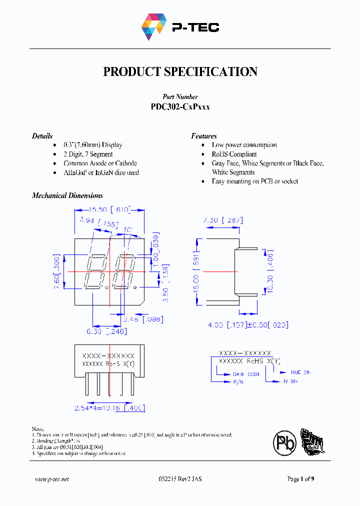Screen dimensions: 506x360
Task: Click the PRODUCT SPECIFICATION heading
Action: click(x=180, y=71)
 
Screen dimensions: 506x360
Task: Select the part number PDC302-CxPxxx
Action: click(x=180, y=106)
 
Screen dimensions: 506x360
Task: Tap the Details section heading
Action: click(x=42, y=136)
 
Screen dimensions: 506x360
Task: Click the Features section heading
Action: click(x=204, y=136)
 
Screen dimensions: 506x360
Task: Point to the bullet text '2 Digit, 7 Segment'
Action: click(x=88, y=154)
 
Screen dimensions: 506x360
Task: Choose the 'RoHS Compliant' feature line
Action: click(x=234, y=154)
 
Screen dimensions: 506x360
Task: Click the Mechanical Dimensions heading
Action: click(x=67, y=195)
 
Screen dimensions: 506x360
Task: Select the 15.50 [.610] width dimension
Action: click(x=109, y=209)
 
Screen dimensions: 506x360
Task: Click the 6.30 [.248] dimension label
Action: click(x=106, y=331)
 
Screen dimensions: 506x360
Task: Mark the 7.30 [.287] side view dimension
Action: click(x=222, y=220)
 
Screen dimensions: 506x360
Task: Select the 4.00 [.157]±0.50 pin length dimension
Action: click(x=248, y=324)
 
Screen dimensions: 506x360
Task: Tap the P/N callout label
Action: click(x=237, y=381)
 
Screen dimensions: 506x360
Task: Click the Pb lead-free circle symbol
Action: click(x=284, y=443)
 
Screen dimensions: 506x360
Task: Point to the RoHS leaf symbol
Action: click(x=311, y=442)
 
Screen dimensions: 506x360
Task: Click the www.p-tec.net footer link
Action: click(x=52, y=479)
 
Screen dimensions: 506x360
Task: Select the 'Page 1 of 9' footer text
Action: click(x=300, y=479)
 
